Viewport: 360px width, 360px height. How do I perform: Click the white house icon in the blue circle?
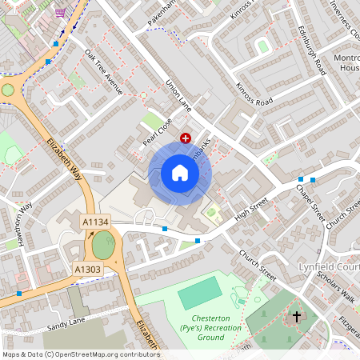tap(180, 173)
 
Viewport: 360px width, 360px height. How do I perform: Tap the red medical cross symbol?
tap(186, 138)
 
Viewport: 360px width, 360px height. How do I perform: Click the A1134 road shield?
tap(95, 221)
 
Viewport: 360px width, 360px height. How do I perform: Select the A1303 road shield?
tap(87, 270)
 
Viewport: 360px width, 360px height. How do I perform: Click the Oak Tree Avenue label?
tap(103, 71)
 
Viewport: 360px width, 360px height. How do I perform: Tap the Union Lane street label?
tap(178, 95)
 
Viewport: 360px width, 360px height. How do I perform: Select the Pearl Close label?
tap(158, 129)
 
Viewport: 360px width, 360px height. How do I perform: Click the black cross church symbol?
tap(296, 317)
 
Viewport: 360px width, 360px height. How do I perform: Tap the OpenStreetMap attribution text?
tap(80, 354)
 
